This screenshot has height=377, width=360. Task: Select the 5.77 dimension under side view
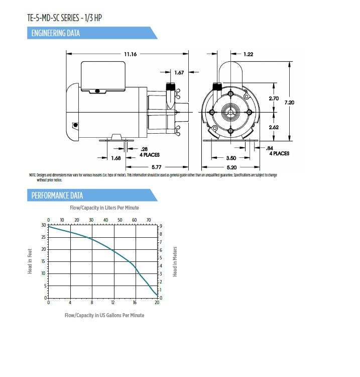pyautogui.click(x=157, y=166)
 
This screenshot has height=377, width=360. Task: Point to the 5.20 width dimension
pyautogui.click(x=231, y=166)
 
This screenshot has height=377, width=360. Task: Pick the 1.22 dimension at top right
pyautogui.click(x=249, y=54)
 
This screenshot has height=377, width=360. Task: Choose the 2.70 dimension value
pyautogui.click(x=274, y=99)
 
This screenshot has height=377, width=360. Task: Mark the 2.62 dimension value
pyautogui.click(x=274, y=127)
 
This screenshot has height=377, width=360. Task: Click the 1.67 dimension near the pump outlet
pyautogui.click(x=179, y=73)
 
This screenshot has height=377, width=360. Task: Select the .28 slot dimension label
pyautogui.click(x=145, y=149)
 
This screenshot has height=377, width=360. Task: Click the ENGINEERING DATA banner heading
pyautogui.click(x=55, y=34)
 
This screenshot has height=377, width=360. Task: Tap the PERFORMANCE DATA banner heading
pyautogui.click(x=57, y=196)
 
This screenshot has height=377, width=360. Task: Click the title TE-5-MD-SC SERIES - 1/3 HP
pyautogui.click(x=67, y=19)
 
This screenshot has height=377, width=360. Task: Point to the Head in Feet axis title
pyautogui.click(x=31, y=260)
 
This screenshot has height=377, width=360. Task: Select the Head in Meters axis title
pyautogui.click(x=175, y=261)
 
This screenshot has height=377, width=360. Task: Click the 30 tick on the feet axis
pyautogui.click(x=44, y=225)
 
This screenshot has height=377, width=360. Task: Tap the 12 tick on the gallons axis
pyautogui.click(x=113, y=303)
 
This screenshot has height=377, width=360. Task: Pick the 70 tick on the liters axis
pyautogui.click(x=149, y=220)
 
